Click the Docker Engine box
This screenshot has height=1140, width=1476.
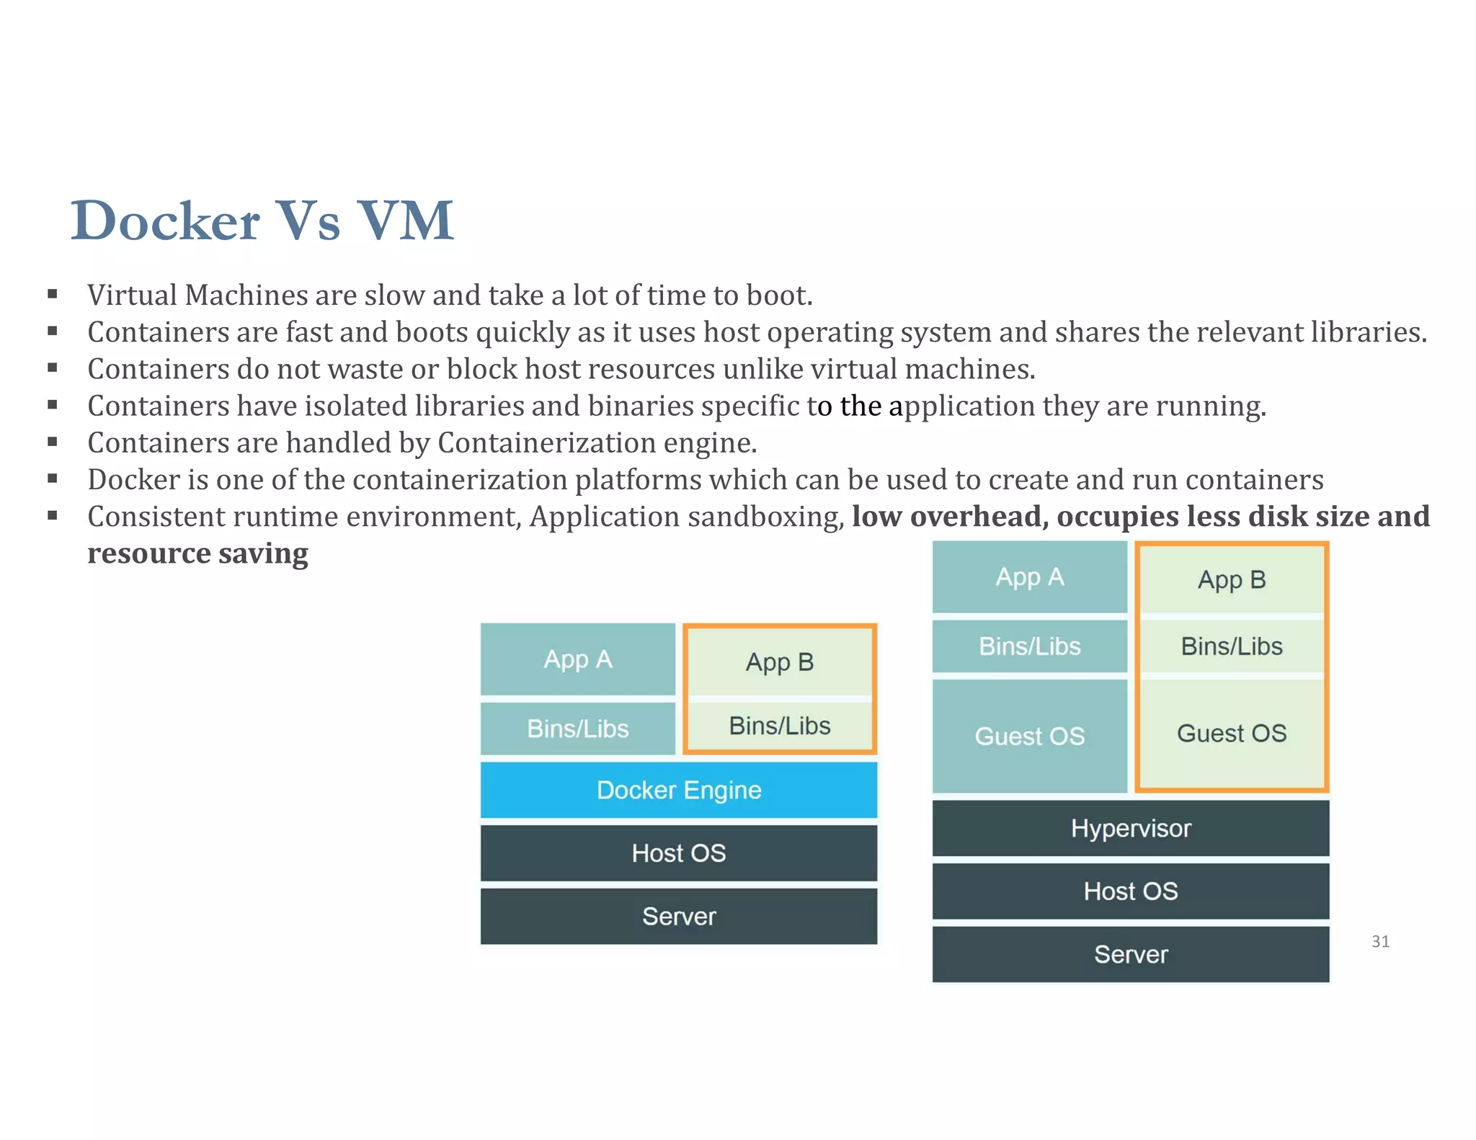[678, 790]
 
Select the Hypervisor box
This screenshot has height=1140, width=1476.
[1130, 828]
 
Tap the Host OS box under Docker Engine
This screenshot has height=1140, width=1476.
[678, 853]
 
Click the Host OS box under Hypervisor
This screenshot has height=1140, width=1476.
[1130, 891]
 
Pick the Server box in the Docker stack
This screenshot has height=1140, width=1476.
[678, 916]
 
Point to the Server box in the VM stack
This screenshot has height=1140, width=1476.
[1130, 954]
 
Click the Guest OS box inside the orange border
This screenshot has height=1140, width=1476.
[1231, 734]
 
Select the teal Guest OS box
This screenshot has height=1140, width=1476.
[1029, 736]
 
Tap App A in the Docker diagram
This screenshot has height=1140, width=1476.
[577, 659]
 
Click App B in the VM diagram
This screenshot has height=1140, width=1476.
[1231, 579]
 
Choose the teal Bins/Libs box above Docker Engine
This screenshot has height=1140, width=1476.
[577, 729]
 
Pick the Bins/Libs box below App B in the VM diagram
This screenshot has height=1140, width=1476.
[1231, 646]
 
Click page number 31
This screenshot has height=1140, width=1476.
[1380, 941]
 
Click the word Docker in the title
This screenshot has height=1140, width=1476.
[165, 221]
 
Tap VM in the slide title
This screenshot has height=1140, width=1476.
[406, 221]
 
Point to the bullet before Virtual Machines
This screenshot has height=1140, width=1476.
[53, 294]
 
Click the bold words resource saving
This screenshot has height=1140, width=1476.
[197, 553]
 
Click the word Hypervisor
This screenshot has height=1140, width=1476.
[1130, 828]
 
